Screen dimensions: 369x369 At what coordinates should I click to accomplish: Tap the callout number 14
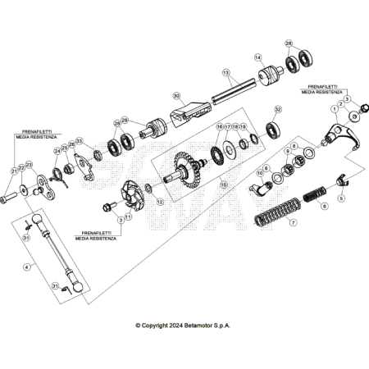click(x=257, y=57)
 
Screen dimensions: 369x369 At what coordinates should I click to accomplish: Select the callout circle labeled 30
click(x=175, y=96)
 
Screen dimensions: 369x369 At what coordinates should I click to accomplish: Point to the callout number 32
click(x=278, y=108)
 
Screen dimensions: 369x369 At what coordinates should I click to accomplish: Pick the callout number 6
click(x=323, y=206)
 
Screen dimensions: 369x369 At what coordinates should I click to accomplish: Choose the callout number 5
click(x=342, y=198)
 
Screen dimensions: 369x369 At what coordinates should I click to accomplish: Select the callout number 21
click(x=14, y=170)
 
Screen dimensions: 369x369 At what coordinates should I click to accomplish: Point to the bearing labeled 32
click(x=272, y=129)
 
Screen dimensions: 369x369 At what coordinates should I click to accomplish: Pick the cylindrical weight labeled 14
click(x=269, y=78)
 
